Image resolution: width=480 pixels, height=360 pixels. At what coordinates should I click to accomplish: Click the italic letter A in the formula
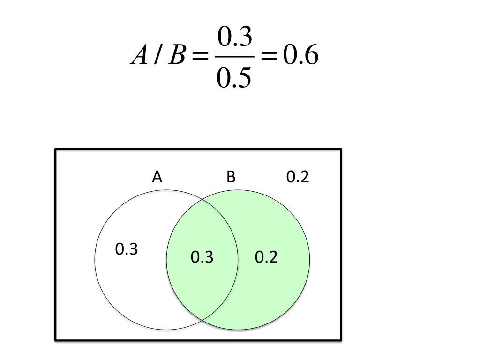(139, 57)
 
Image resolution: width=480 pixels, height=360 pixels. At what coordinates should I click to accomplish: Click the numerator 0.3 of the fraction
(234, 37)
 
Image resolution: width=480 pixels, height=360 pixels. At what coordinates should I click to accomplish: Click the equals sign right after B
(200, 57)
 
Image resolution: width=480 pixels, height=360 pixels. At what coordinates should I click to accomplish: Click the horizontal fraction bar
(234, 57)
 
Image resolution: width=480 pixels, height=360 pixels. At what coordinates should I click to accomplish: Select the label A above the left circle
(157, 177)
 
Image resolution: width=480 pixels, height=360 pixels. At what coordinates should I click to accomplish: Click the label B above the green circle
(231, 177)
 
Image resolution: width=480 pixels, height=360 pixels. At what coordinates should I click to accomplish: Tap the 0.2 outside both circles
(298, 177)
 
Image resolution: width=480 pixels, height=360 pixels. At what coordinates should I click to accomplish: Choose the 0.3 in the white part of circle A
(127, 249)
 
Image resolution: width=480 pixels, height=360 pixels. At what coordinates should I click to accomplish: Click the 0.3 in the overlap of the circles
(202, 257)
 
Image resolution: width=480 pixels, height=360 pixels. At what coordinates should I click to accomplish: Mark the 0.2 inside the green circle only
(266, 257)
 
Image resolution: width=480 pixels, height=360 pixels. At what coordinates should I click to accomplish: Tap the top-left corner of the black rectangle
(56, 150)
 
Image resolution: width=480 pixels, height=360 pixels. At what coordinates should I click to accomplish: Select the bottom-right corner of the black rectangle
(341, 339)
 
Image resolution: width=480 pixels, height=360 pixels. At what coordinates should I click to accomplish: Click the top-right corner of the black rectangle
(341, 150)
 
